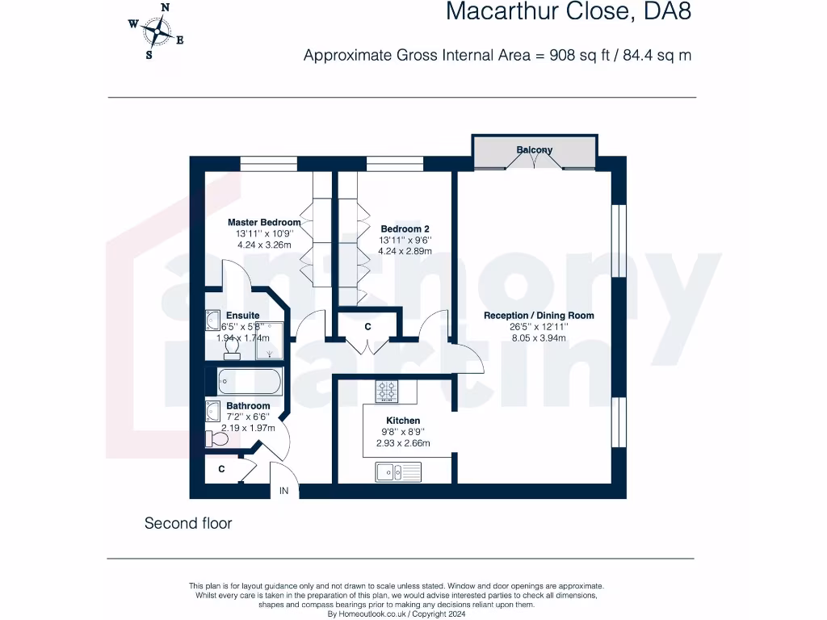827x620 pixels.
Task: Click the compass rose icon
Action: click(x=156, y=31)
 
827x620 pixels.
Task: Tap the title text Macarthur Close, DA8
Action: click(x=569, y=12)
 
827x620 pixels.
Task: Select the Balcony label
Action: click(x=535, y=149)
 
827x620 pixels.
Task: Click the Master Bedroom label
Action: click(x=264, y=222)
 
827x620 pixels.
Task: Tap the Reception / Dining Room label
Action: click(x=539, y=316)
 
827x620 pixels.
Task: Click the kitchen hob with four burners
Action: click(x=388, y=392)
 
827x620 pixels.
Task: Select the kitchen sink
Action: click(x=398, y=471)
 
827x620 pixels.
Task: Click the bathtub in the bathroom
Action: click(x=245, y=381)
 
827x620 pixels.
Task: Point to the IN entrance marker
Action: click(x=283, y=491)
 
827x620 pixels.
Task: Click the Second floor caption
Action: click(x=188, y=523)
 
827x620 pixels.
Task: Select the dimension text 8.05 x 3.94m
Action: click(x=539, y=338)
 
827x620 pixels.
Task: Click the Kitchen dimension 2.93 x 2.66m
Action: click(x=403, y=443)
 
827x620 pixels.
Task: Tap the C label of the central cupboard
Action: click(x=367, y=327)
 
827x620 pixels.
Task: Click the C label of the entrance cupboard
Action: click(x=221, y=468)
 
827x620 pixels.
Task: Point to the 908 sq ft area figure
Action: click(x=579, y=55)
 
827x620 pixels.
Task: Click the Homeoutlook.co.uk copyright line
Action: click(x=396, y=614)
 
